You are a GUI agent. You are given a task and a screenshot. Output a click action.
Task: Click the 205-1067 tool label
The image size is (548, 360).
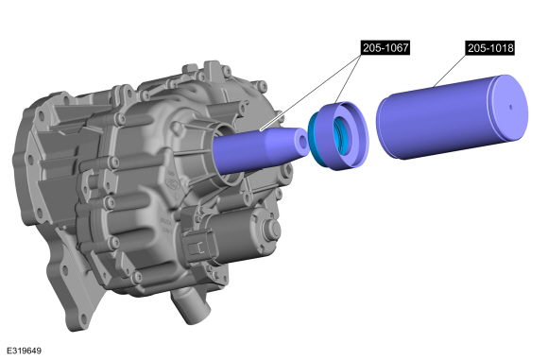(x=385, y=48)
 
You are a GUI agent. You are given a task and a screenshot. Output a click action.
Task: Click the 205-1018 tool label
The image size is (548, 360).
(x=490, y=48)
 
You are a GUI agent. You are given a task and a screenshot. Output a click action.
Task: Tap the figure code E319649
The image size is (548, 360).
(x=25, y=351)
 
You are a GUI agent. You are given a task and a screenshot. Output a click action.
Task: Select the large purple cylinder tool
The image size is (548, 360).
(x=451, y=117)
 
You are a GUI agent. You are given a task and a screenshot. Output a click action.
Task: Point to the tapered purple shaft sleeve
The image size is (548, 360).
(x=261, y=150)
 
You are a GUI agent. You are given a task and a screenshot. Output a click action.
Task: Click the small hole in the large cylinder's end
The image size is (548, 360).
(x=510, y=108)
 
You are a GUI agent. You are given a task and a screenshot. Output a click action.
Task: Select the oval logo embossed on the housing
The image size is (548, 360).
(x=172, y=184)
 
